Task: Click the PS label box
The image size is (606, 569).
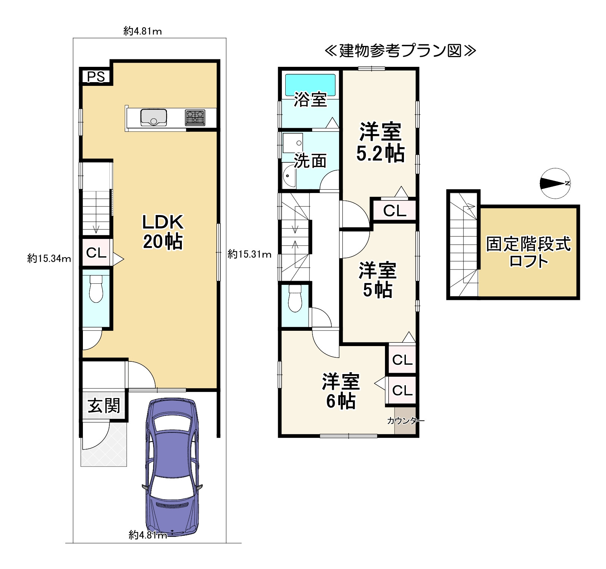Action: (x=96, y=77)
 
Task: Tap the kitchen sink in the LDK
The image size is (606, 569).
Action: (x=153, y=118)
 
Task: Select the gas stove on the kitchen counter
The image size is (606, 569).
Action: (x=195, y=117)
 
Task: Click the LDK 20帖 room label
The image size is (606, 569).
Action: (x=163, y=231)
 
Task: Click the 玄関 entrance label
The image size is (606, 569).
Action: (x=104, y=406)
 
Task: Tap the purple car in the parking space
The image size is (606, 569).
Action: (x=172, y=467)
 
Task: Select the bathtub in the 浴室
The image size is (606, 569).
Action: (x=310, y=85)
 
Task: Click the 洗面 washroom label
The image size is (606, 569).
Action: (x=310, y=161)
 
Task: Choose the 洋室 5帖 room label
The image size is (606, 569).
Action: (x=377, y=280)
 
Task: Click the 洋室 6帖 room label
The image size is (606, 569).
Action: (x=341, y=391)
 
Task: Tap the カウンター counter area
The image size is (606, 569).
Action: (x=405, y=421)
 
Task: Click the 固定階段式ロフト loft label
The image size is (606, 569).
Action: (x=528, y=252)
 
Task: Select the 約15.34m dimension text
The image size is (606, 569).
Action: (x=49, y=258)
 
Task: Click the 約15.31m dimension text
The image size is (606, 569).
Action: (x=249, y=254)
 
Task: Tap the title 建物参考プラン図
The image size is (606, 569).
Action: (x=400, y=51)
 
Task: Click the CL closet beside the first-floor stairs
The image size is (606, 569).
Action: (x=96, y=253)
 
